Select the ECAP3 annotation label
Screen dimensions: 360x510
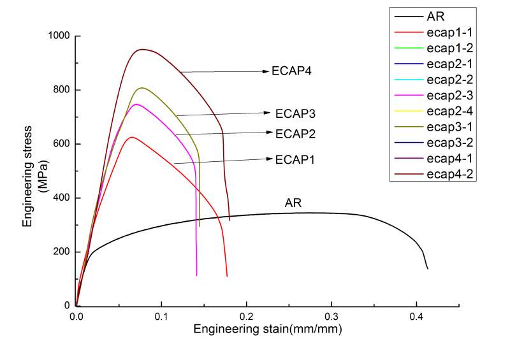(x=296, y=114)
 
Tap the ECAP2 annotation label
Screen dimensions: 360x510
(x=296, y=134)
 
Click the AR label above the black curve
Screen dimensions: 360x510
(x=293, y=204)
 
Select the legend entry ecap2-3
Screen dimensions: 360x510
(x=449, y=96)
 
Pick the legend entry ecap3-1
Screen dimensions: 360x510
(x=449, y=127)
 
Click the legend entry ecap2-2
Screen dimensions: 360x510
(x=449, y=80)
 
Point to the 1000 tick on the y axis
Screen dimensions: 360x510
(x=60, y=36)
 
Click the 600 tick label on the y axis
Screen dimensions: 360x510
(x=62, y=144)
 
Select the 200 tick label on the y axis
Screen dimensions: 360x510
(x=62, y=252)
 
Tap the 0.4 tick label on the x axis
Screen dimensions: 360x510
(x=416, y=316)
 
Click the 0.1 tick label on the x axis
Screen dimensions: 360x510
(x=161, y=316)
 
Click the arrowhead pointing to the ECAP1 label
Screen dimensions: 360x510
(x=268, y=159)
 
